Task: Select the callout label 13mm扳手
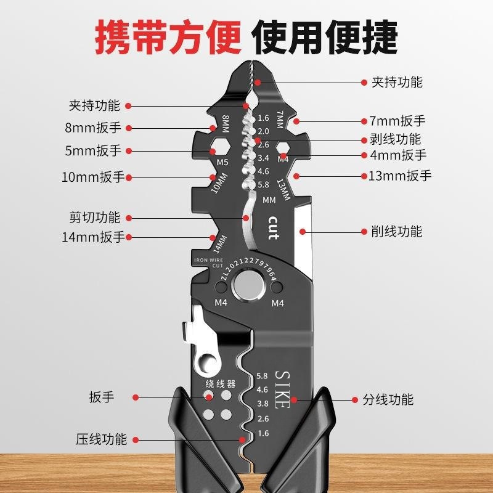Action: click(x=400, y=176)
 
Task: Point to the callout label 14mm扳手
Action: click(x=93, y=237)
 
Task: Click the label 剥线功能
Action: click(x=396, y=139)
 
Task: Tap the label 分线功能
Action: click(x=388, y=399)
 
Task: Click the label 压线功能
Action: click(x=102, y=439)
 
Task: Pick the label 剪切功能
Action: click(x=95, y=217)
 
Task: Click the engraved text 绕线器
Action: click(x=221, y=383)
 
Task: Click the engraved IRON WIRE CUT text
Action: click(x=208, y=263)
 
